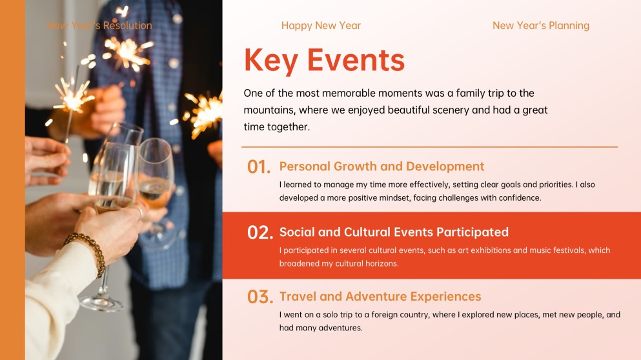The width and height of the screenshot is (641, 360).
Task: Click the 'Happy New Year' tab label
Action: click(x=321, y=26)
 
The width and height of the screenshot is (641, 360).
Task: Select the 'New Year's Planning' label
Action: click(x=540, y=26)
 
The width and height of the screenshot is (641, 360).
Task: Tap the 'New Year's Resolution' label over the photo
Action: click(x=99, y=26)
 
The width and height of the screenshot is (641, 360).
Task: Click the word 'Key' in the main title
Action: click(x=270, y=60)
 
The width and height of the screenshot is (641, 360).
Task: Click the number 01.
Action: click(x=258, y=167)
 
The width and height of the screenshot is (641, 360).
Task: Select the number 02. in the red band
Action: click(x=260, y=233)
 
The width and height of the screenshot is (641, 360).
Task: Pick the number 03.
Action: click(x=260, y=297)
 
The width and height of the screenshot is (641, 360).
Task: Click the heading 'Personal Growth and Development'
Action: click(x=382, y=166)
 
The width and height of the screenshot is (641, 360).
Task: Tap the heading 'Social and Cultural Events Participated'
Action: click(x=394, y=232)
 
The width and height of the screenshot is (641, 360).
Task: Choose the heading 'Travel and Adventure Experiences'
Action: click(x=380, y=297)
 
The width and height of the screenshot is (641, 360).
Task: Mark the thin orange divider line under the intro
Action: click(x=429, y=147)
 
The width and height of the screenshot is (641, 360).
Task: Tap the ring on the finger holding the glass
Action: click(x=139, y=211)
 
